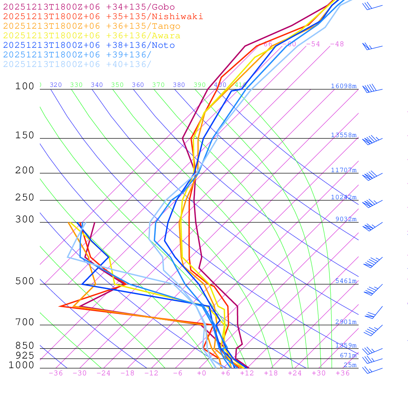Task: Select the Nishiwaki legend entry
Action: pyautogui.click(x=103, y=16)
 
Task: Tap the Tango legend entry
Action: pyautogui.click(x=92, y=26)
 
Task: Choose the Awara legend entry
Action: pyautogui.click(x=92, y=36)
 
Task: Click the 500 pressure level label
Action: pyautogui.click(x=25, y=281)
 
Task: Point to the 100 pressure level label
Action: pyautogui.click(x=25, y=86)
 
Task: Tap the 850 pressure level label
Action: pyautogui.click(x=25, y=345)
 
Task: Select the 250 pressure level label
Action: pyautogui.click(x=25, y=197)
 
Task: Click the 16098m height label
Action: pyautogui.click(x=343, y=86)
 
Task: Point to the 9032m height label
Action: pyautogui.click(x=346, y=219)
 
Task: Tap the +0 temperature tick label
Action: pyautogui.click(x=202, y=373)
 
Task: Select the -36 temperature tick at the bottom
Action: pyautogui.click(x=55, y=373)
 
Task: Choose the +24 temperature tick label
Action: pyautogui.click(x=295, y=373)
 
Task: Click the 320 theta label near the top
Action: pyautogui.click(x=56, y=85)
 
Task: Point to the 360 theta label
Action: pyautogui.click(x=138, y=85)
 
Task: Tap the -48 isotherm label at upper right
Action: pyautogui.click(x=337, y=44)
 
